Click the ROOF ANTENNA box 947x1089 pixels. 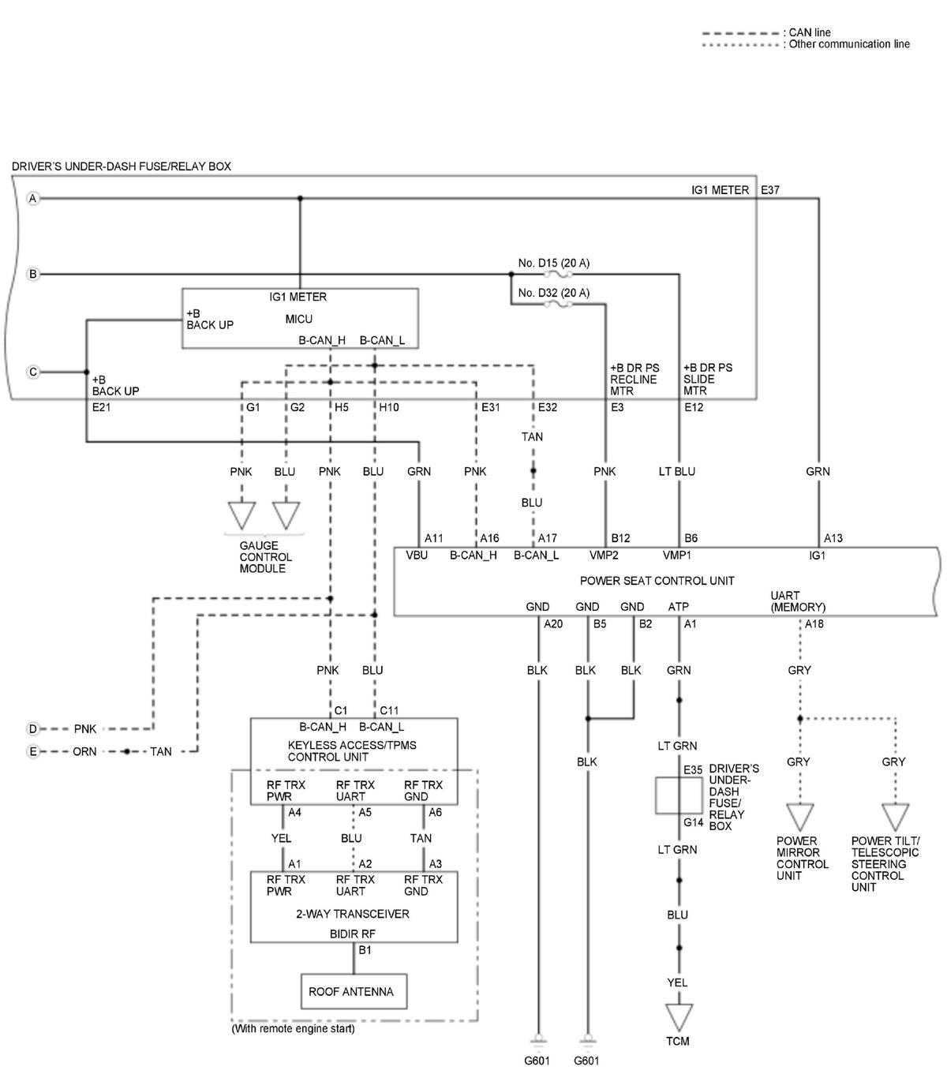pyautogui.click(x=354, y=991)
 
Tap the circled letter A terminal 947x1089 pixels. pyautogui.click(x=33, y=199)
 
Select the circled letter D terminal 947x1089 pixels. pyautogui.click(x=33, y=728)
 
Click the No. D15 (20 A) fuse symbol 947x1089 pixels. pyautogui.click(x=558, y=274)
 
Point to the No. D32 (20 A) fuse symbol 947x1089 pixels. pyautogui.click(x=558, y=304)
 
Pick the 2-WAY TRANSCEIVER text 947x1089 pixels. pyautogui.click(x=353, y=914)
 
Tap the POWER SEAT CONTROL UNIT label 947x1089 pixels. pyautogui.click(x=657, y=581)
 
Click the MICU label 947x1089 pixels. pyautogui.click(x=298, y=319)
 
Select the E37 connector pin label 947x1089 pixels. pyautogui.click(x=769, y=190)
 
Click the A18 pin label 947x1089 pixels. pyautogui.click(x=814, y=623)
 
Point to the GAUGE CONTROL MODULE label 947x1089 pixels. pyautogui.click(x=265, y=557)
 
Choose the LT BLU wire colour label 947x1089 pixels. pyautogui.click(x=676, y=472)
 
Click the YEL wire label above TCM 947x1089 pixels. pyautogui.click(x=677, y=982)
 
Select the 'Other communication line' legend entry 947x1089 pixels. pyautogui.click(x=806, y=45)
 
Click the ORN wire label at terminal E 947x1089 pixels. pyautogui.click(x=84, y=751)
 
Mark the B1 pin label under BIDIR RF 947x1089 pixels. pyautogui.click(x=365, y=950)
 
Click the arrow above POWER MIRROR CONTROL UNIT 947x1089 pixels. pyautogui.click(x=800, y=817)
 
